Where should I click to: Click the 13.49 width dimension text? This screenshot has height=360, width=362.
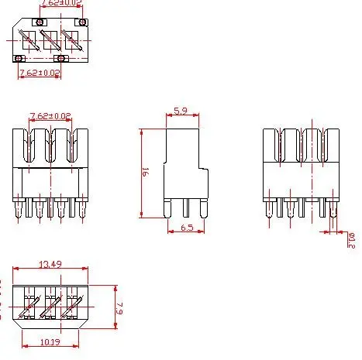tap(51, 265)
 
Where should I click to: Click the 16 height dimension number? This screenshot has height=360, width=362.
tap(145, 173)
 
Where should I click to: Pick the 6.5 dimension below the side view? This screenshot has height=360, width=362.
tap(186, 228)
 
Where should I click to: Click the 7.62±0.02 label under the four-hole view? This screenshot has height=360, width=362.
tap(39, 72)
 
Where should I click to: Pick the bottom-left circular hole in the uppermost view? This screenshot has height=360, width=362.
tap(19, 57)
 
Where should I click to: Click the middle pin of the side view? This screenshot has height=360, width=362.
tap(186, 207)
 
